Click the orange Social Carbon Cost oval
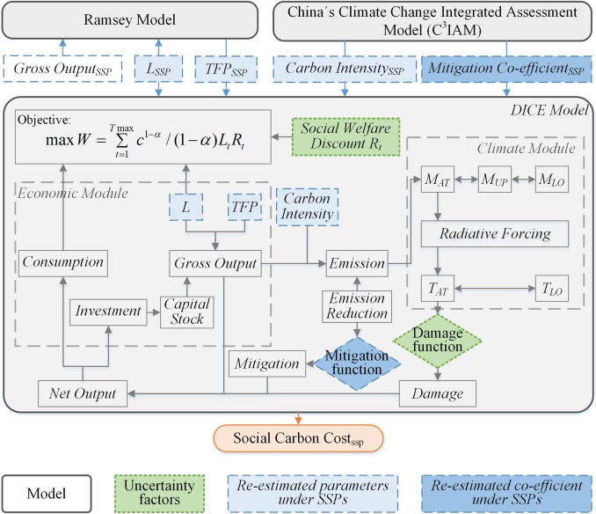[297, 437]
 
